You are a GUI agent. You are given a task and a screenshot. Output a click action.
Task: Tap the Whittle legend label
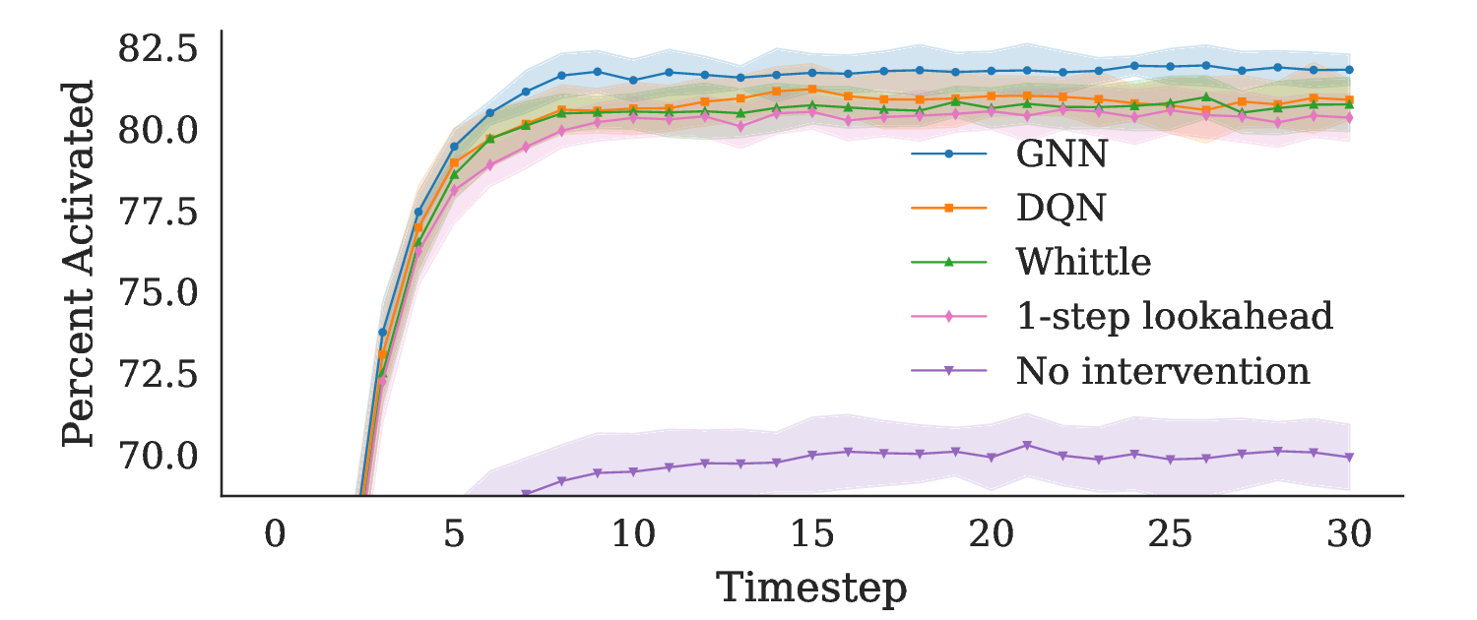1083,262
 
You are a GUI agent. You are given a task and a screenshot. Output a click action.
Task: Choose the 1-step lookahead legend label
1174,317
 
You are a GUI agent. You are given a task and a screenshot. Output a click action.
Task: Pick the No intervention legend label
1163,371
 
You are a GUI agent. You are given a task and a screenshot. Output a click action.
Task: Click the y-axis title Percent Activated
79,264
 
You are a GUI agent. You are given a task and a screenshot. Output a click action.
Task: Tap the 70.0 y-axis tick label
158,455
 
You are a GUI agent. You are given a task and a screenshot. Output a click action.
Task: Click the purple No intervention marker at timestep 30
1349,457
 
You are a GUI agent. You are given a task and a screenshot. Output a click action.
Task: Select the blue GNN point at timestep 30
1349,70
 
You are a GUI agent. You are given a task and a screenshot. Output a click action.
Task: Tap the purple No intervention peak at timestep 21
1026,445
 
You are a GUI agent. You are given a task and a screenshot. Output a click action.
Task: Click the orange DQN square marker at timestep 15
811,89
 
